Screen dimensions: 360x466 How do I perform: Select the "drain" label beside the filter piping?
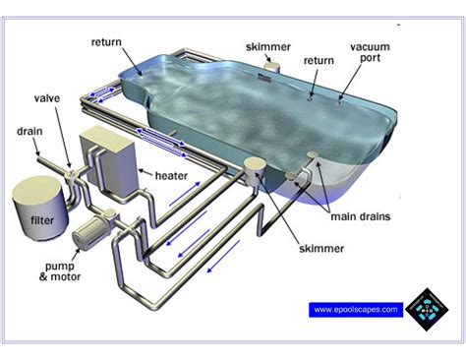(x=30, y=131)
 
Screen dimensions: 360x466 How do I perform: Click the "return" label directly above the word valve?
(x=105, y=42)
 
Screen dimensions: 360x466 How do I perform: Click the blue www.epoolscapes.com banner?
(x=357, y=309)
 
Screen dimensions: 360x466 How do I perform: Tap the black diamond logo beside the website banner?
(x=425, y=308)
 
